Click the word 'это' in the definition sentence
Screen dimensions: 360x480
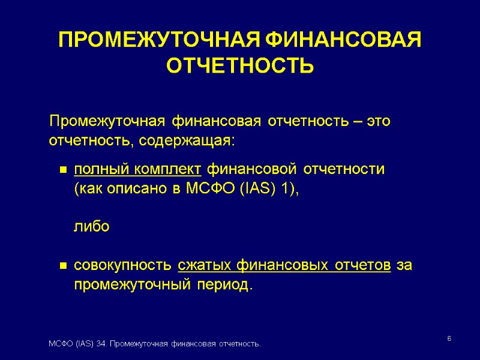(x=379, y=121)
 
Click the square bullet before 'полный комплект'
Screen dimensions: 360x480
(x=62, y=170)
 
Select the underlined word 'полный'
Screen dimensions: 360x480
(x=95, y=169)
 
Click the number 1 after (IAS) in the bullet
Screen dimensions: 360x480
(x=285, y=189)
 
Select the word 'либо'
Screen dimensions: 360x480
(x=91, y=227)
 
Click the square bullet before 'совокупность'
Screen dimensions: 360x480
(x=62, y=266)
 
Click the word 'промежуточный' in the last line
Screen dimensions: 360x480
(x=128, y=285)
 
